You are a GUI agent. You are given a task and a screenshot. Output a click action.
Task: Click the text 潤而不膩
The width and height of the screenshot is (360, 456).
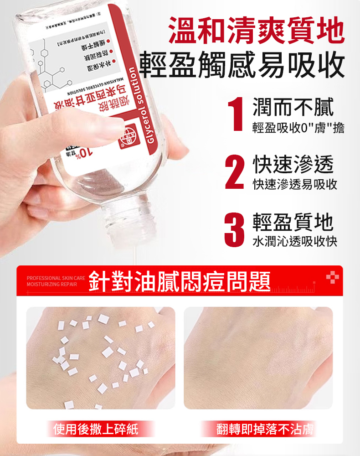tap(293, 106)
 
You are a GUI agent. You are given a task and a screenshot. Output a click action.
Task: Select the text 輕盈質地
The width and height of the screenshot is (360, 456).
tap(293, 221)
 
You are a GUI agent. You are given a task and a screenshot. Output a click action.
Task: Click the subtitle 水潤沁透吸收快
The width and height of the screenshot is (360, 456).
tap(295, 241)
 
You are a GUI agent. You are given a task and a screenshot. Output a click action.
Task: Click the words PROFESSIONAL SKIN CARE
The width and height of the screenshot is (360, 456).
tap(56, 278)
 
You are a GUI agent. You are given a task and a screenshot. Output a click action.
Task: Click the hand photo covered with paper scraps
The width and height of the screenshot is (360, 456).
tap(101, 358)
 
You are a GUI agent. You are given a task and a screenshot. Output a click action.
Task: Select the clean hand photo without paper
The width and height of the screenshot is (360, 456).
tap(258, 358)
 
